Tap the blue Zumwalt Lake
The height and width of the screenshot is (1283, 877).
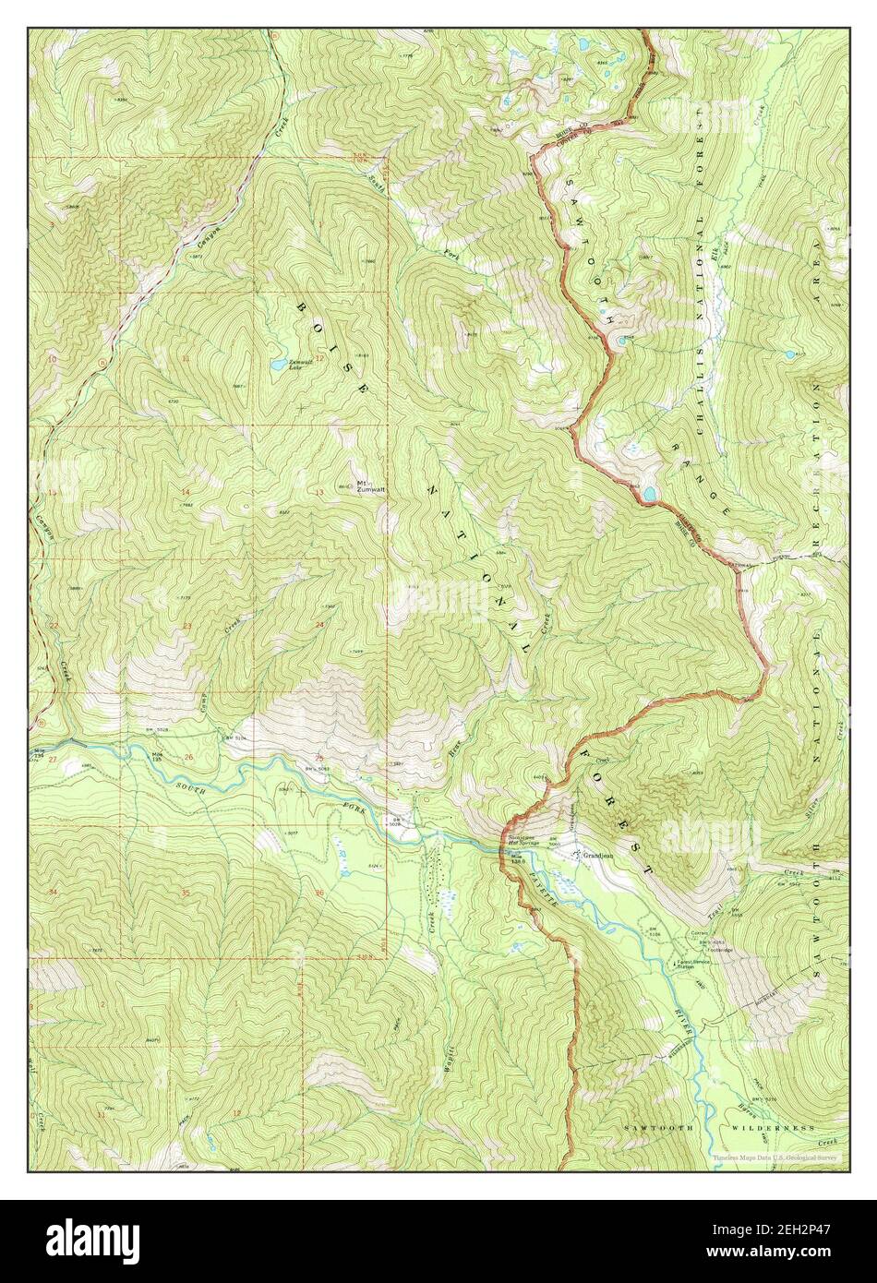tap(278, 366)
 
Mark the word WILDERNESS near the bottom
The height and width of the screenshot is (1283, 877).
tap(773, 1128)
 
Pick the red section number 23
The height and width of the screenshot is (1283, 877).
tap(187, 626)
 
